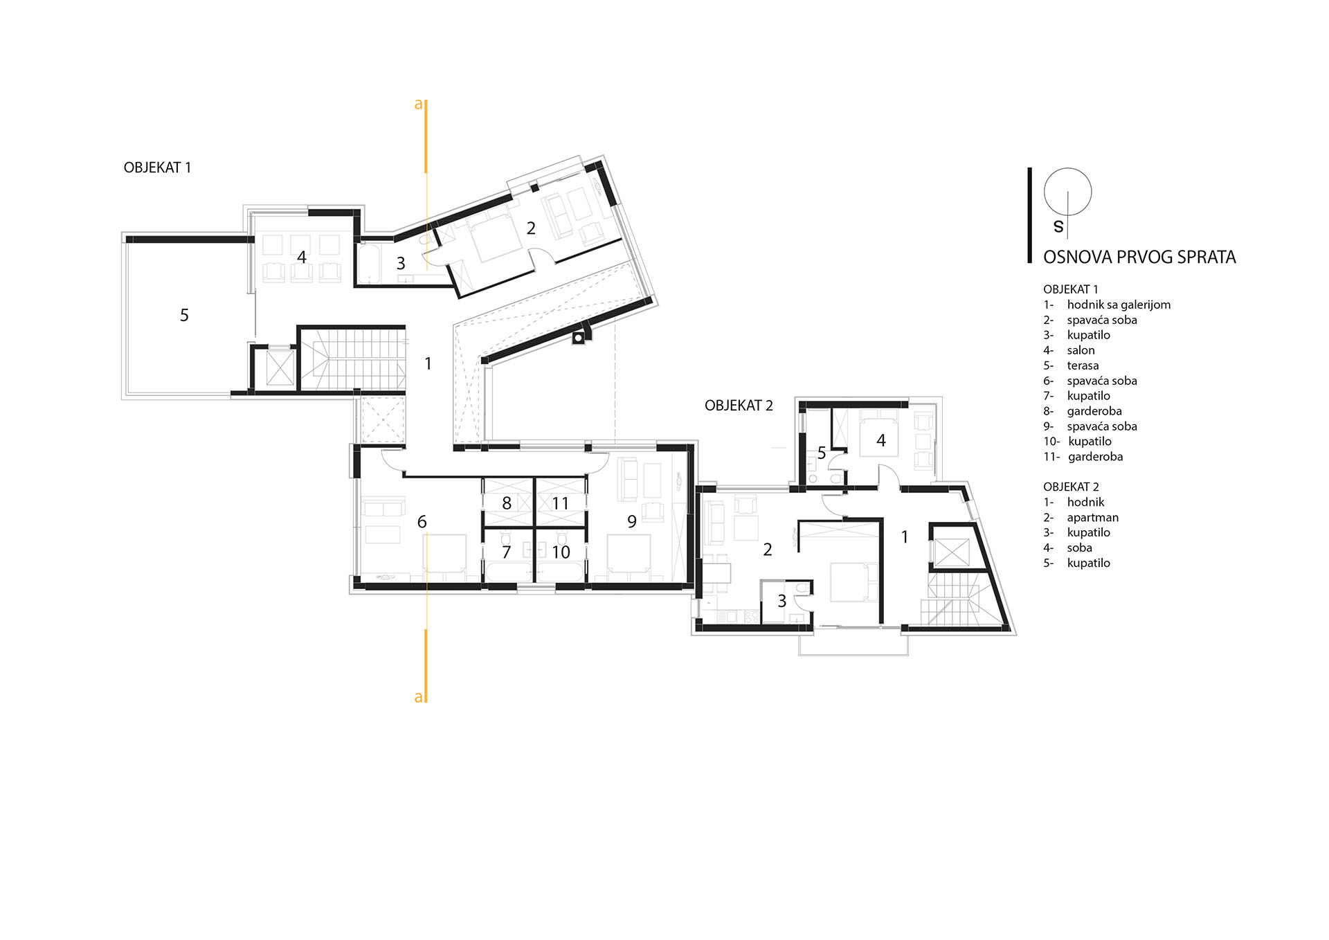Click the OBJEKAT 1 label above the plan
coord(157,168)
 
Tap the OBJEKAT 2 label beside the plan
coord(739,406)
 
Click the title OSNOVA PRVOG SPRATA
coord(1139,257)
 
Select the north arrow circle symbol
coord(1067,192)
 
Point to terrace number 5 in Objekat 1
coord(184,315)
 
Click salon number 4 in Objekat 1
coord(301,257)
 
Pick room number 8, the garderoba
coord(507,503)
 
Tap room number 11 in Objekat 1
coord(560,503)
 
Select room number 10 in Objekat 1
coord(561,552)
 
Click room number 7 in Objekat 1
coord(506,552)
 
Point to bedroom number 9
coord(632,521)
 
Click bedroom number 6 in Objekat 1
coord(422,521)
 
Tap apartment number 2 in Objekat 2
coord(767,550)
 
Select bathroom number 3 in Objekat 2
coord(782,601)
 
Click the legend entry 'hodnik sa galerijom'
coord(1119,305)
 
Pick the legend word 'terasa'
coord(1083,365)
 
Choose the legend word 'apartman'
coord(1092,518)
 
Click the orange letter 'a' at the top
coord(418,105)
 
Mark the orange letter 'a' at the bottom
coord(418,698)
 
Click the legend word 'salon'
coord(1081,350)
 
